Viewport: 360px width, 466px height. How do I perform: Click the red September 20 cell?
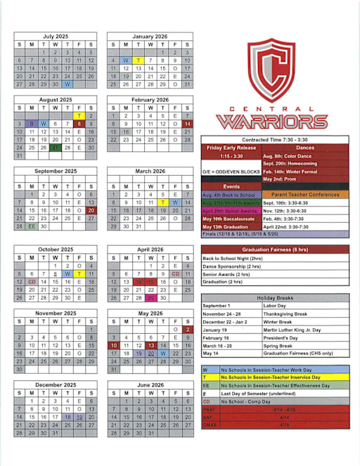(x=91, y=210)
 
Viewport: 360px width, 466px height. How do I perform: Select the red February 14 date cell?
(x=187, y=124)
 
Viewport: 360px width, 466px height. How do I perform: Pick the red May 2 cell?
(x=187, y=329)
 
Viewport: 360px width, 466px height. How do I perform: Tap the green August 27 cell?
(x=56, y=148)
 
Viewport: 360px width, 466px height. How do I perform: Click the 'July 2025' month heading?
(x=56, y=36)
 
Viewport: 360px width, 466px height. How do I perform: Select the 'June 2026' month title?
(x=150, y=385)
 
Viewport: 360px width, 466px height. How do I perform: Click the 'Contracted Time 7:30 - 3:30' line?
(x=274, y=140)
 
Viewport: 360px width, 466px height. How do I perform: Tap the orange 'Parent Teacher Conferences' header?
(x=305, y=194)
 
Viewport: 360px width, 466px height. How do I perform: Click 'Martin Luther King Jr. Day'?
(x=289, y=330)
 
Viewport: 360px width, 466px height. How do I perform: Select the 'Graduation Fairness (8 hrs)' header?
(x=274, y=250)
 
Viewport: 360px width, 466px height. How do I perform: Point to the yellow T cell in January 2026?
(x=139, y=60)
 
